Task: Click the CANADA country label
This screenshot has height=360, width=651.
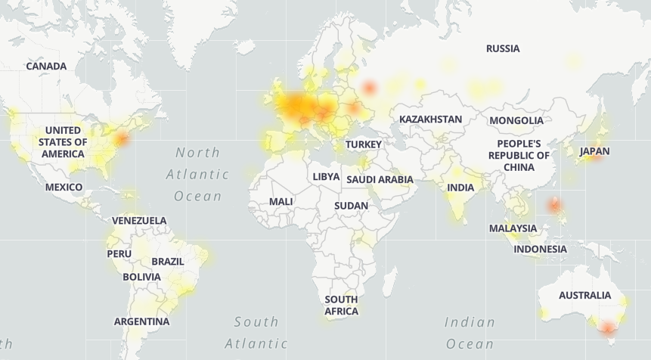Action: coord(46,67)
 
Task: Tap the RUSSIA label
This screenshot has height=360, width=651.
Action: coord(503,48)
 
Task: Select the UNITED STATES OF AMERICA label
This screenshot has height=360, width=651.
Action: coord(63,142)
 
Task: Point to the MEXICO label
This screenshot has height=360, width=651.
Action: coord(64,187)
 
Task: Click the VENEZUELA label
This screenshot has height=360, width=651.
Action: coord(139,221)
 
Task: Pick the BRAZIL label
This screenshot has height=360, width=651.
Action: coord(168,262)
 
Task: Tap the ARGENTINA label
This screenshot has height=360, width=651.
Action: coord(141,321)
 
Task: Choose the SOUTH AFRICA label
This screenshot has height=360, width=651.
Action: coord(342,305)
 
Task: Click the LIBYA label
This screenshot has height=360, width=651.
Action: coord(326,176)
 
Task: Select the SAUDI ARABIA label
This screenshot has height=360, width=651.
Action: coord(380,179)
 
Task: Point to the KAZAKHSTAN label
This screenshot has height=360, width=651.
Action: coord(430,119)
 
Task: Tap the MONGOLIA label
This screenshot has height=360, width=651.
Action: coord(516,120)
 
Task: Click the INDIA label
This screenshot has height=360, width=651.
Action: coord(460,188)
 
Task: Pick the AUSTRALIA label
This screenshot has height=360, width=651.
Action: coord(584,296)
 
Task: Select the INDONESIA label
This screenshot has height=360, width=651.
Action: coord(540,249)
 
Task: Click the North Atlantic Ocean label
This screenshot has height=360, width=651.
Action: coord(197,175)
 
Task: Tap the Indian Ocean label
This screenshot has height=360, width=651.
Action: coord(470,333)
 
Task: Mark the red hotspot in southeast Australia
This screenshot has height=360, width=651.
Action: coord(607,328)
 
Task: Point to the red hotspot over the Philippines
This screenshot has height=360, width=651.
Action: coord(555,204)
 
